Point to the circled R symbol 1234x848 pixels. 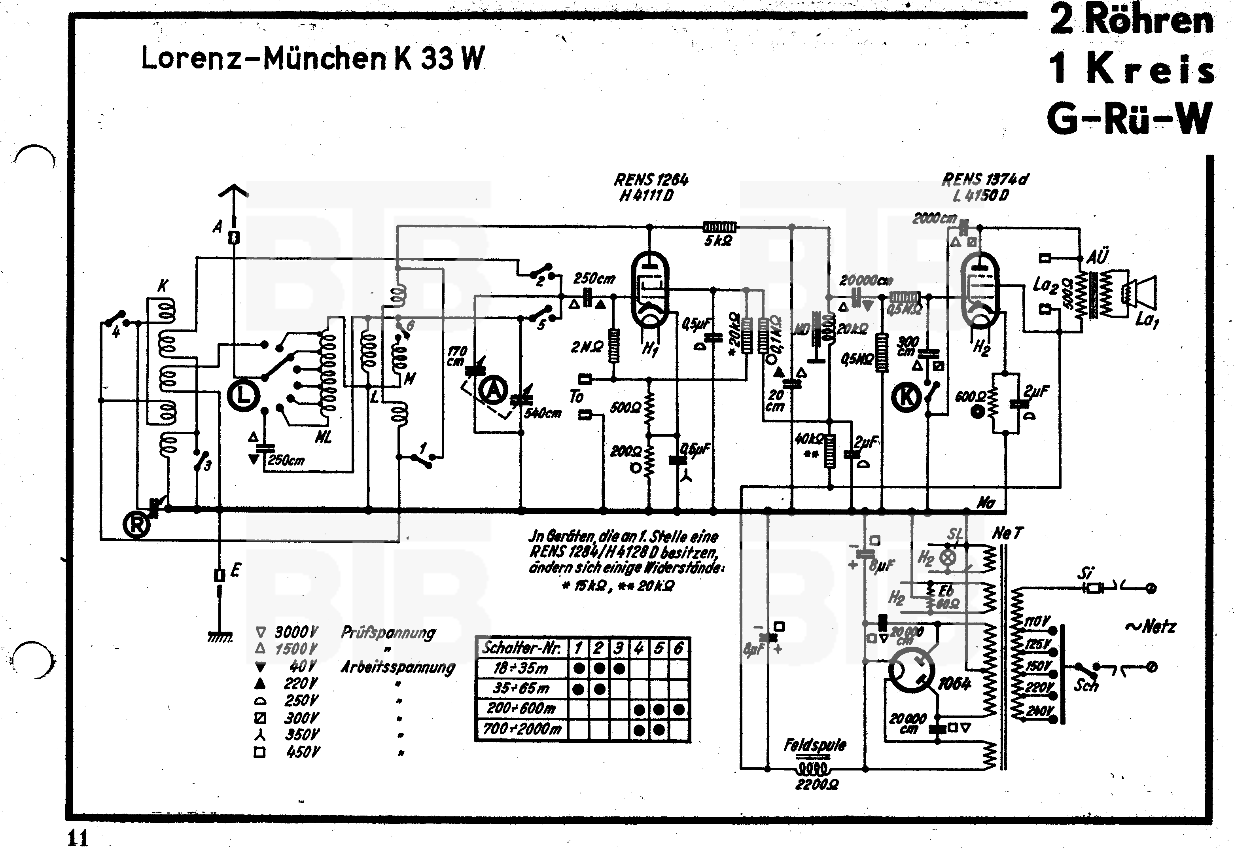(x=136, y=525)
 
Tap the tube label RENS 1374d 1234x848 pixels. (x=984, y=180)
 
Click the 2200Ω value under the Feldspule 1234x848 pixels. (x=816, y=784)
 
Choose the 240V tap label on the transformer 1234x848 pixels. (x=1039, y=711)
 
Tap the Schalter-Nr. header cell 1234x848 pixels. (x=521, y=648)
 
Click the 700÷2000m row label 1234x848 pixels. (x=522, y=729)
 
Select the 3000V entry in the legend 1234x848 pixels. (x=296, y=632)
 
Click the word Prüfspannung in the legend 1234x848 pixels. (x=388, y=632)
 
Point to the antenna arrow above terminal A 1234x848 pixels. (x=233, y=191)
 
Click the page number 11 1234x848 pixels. (x=78, y=838)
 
